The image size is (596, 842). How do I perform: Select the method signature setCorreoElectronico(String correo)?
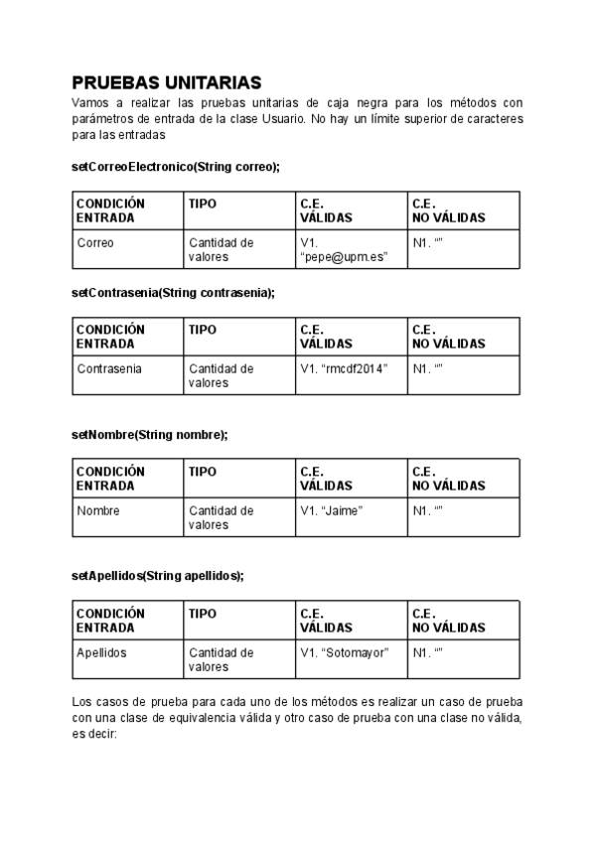coord(175,167)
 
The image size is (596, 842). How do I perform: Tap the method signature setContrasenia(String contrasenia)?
coord(172,293)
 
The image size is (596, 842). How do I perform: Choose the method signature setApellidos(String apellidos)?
coord(157,575)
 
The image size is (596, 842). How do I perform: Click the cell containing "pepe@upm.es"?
coord(351,249)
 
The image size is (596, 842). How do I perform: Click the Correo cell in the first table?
coord(127,249)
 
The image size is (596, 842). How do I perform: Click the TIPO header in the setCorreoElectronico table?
coord(239,210)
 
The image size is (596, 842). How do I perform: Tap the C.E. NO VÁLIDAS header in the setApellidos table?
coord(463,621)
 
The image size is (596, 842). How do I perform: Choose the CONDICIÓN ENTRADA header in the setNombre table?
coord(127,479)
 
